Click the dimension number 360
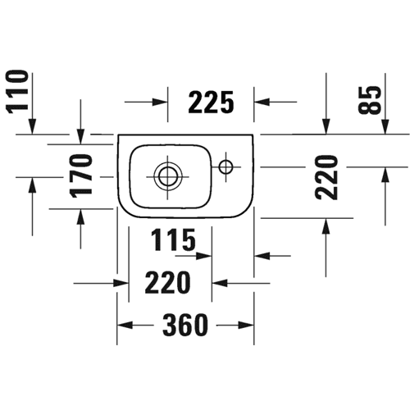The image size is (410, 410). (x=185, y=325)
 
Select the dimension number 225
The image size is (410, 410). (x=211, y=102)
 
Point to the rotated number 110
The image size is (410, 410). (x=17, y=92)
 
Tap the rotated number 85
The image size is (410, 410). (x=370, y=100)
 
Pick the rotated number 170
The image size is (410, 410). (x=81, y=175)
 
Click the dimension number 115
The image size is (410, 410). (x=173, y=239)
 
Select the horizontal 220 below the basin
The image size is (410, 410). (x=167, y=282)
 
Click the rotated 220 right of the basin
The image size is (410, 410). (x=326, y=178)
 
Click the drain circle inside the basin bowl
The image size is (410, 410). (x=167, y=176)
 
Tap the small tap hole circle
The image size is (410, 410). (x=226, y=166)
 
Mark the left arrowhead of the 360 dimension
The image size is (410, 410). (x=125, y=326)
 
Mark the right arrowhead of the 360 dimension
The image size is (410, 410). (x=246, y=326)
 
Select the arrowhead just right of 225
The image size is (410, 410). (x=262, y=102)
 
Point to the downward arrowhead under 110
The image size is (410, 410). (x=33, y=126)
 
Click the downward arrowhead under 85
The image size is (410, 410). (x=385, y=126)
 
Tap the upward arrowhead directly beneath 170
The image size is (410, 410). (x=80, y=216)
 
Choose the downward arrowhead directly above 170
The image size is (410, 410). (x=80, y=136)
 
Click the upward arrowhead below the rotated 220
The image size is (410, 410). (x=326, y=226)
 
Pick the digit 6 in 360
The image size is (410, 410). (x=185, y=325)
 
